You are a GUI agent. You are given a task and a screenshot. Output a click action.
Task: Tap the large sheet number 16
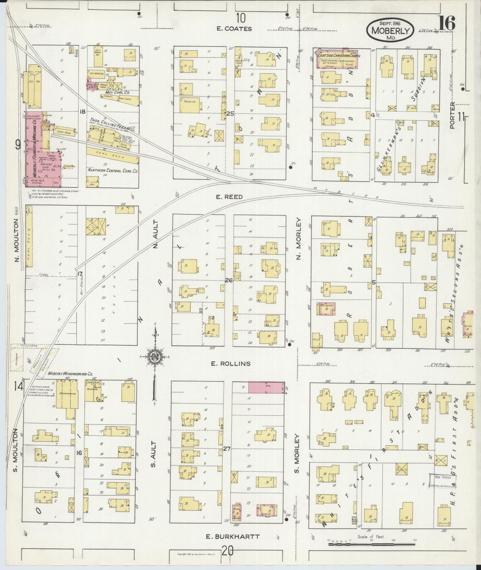tap(446, 23)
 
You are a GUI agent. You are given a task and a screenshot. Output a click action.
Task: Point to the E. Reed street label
tap(229, 197)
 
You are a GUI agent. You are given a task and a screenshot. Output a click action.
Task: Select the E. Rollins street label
tap(231, 364)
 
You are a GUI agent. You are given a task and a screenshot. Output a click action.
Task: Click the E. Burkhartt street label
tap(233, 537)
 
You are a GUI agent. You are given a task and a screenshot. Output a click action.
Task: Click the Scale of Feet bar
tap(372, 544)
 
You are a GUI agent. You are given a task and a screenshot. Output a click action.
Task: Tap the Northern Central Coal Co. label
tap(112, 171)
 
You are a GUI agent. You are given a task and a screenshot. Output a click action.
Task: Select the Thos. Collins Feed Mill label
tap(112, 121)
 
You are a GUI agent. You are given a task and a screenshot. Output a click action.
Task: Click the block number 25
tap(229, 114)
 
